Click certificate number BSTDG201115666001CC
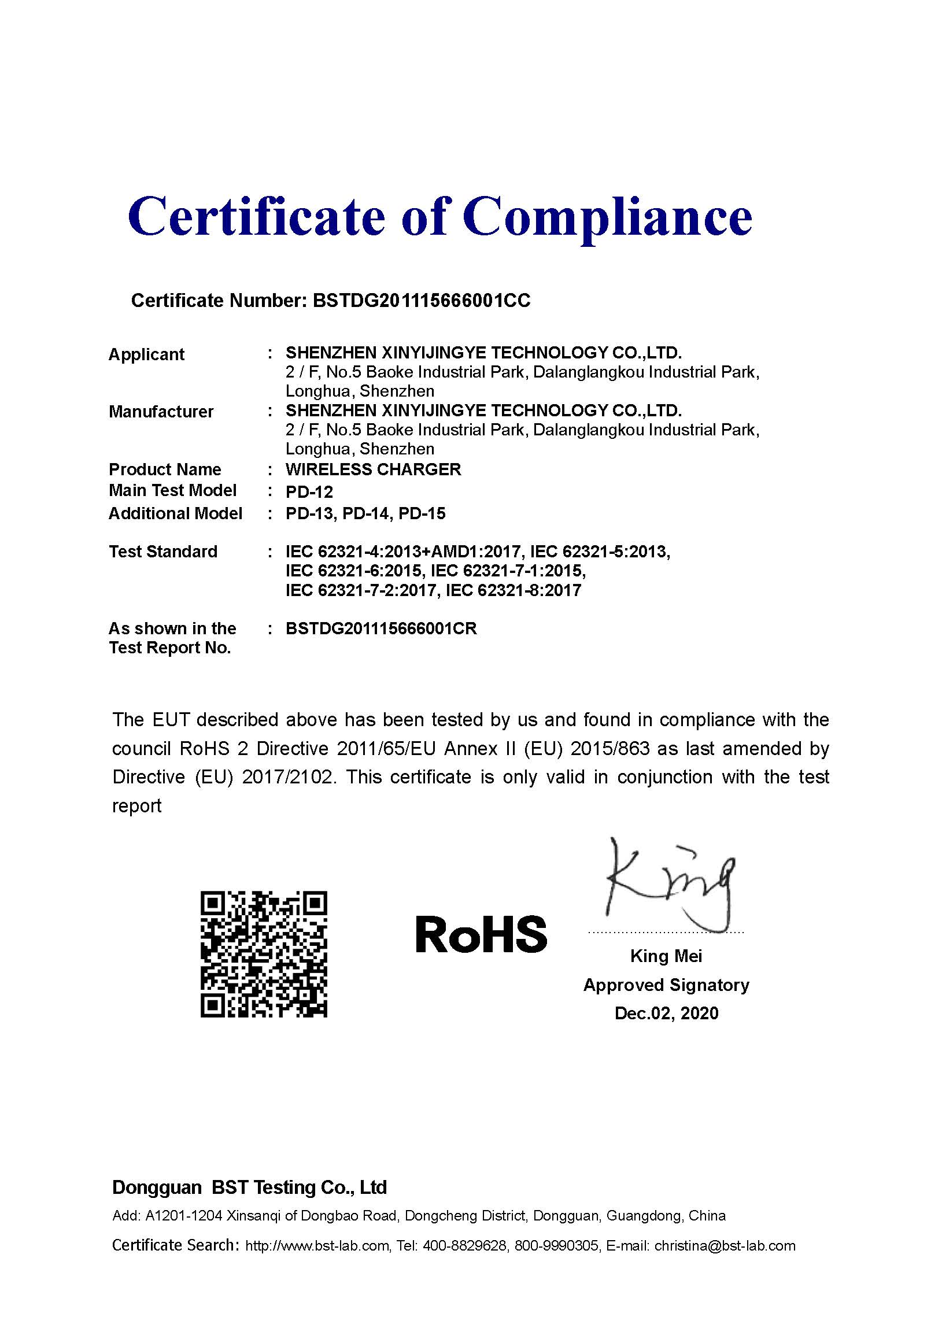click(x=421, y=300)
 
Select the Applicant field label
click(x=146, y=354)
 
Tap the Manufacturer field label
click(x=161, y=412)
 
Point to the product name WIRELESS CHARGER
click(x=374, y=469)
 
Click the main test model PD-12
click(x=309, y=492)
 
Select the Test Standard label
click(x=162, y=552)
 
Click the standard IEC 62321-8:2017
click(x=514, y=591)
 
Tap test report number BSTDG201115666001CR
click(x=381, y=628)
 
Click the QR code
click(x=264, y=955)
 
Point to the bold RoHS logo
click(x=481, y=934)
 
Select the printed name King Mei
click(x=666, y=956)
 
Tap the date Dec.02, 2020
click(x=666, y=1014)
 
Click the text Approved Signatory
click(x=666, y=985)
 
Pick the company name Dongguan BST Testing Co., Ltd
click(x=249, y=1188)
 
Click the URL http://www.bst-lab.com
click(x=317, y=1246)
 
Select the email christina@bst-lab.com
click(x=725, y=1246)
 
